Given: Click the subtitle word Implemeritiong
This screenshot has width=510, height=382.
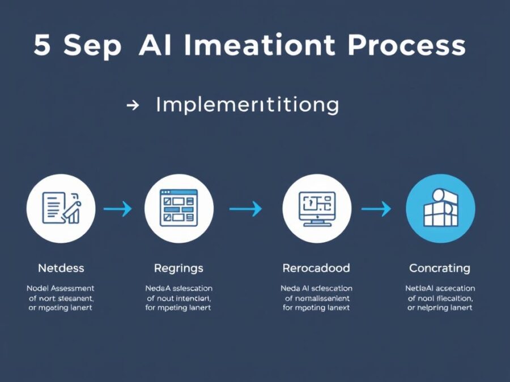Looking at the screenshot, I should coord(247,105).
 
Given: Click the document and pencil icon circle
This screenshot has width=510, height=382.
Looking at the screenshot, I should coord(61,208).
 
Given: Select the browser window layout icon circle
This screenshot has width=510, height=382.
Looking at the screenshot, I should coord(179,208).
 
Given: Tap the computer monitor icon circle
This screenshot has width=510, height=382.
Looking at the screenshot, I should coord(316,208).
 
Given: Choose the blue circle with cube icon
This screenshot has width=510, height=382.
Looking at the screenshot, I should coord(440,208).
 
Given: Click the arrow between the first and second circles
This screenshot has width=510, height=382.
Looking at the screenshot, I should coord(117,209).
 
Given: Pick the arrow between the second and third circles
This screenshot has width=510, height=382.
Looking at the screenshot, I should coord(245,209).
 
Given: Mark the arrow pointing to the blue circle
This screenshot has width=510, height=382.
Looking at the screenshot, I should coord(376,209).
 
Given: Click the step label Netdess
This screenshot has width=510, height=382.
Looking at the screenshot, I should coord(61,268).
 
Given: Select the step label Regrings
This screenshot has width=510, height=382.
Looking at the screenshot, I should coord(178,268).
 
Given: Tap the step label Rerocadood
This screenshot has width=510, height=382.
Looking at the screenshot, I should coord(316,268).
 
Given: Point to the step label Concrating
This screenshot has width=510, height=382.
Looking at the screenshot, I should coord(440,268).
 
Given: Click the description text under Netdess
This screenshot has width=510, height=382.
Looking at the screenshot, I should coord(61,298).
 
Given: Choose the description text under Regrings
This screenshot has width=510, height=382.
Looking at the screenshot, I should coord(178,298).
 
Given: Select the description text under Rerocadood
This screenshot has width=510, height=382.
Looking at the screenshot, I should coord(316,298).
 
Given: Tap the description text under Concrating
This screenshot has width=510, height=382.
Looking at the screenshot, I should coord(440,298).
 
